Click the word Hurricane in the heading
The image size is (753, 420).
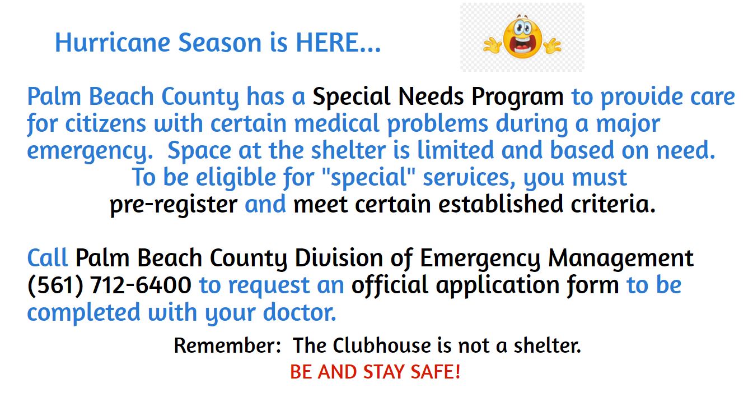coord(113,43)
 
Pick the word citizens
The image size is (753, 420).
coord(106,123)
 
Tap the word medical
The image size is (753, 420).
coord(337,123)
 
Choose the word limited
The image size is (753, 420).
coord(456,150)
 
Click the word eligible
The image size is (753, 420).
coord(236,178)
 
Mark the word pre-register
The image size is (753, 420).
coord(174,205)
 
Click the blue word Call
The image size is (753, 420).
coord(48,258)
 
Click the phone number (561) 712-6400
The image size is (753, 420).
coord(109,285)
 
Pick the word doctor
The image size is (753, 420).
coord(300,312)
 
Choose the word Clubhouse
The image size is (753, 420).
coord(382,345)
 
